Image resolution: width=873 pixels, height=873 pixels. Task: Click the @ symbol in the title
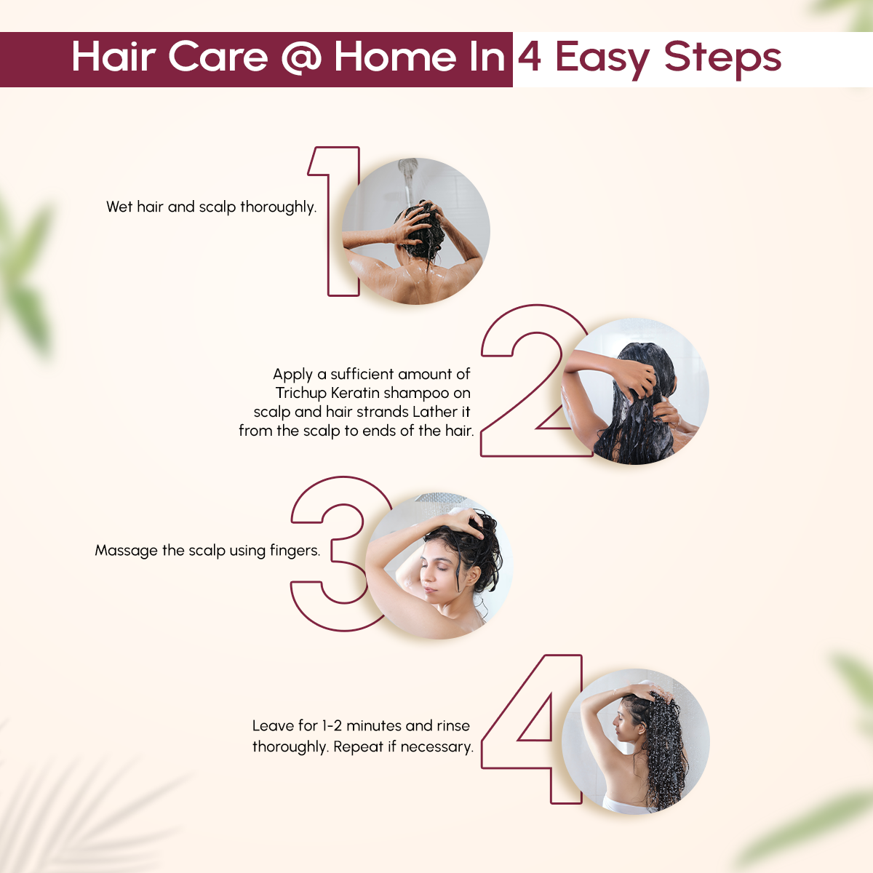click(x=300, y=58)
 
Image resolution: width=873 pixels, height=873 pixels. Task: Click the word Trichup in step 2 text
click(x=301, y=393)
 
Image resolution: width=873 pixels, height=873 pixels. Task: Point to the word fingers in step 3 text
click(x=295, y=551)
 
